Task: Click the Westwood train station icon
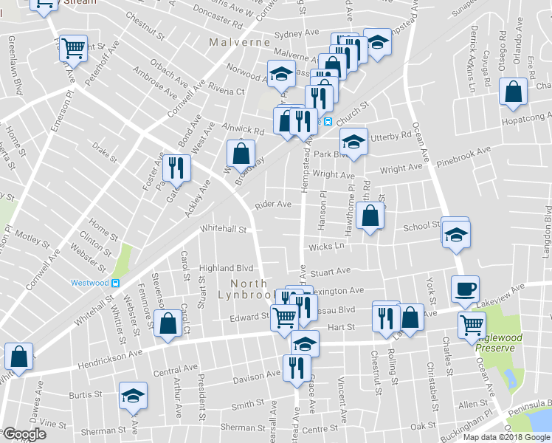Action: click(115, 283)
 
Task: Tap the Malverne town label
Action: click(239, 43)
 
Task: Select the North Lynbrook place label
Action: click(258, 289)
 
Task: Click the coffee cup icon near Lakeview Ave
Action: click(465, 288)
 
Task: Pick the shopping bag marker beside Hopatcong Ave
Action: click(513, 92)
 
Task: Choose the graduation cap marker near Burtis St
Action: click(133, 397)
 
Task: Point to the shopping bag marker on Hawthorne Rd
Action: click(370, 216)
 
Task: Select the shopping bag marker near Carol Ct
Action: click(168, 323)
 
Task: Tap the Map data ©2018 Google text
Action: click(506, 437)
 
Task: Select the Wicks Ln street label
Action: click(327, 245)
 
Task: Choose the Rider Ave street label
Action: click(272, 204)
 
